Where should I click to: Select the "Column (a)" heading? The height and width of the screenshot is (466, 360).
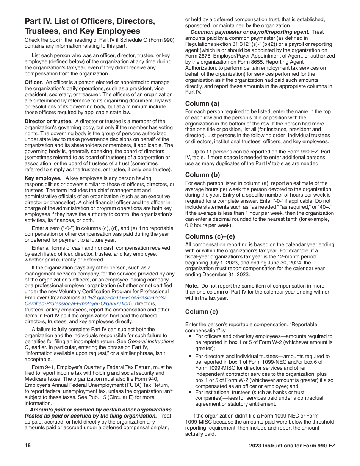pos(202,103)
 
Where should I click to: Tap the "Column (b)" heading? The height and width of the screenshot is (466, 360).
pos(202,175)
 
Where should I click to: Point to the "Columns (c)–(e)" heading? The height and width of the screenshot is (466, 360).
pos(210,236)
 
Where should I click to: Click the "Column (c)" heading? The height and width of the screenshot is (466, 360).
pos(202,311)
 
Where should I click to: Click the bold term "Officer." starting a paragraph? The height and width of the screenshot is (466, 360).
pos(34,82)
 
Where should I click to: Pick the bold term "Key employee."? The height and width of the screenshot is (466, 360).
pos(43,178)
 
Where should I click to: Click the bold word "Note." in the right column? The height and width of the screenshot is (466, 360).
pos(192,286)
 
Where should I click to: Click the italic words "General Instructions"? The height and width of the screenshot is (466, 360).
pos(151,341)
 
